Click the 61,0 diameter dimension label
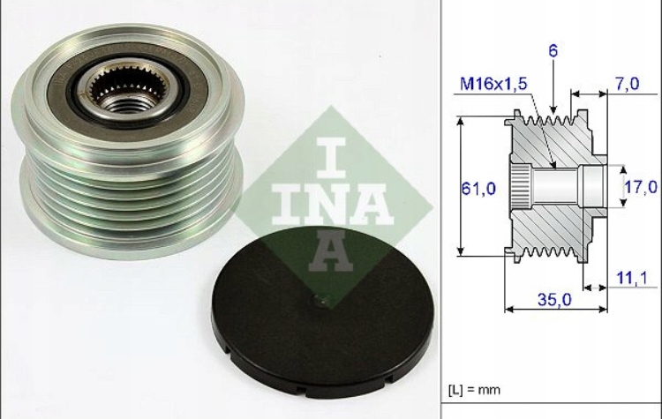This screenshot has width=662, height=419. click(477, 188)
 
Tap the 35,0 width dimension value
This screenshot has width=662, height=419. click(553, 299)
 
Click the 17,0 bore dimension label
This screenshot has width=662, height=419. click(642, 187)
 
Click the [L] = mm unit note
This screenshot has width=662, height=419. click(474, 389)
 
